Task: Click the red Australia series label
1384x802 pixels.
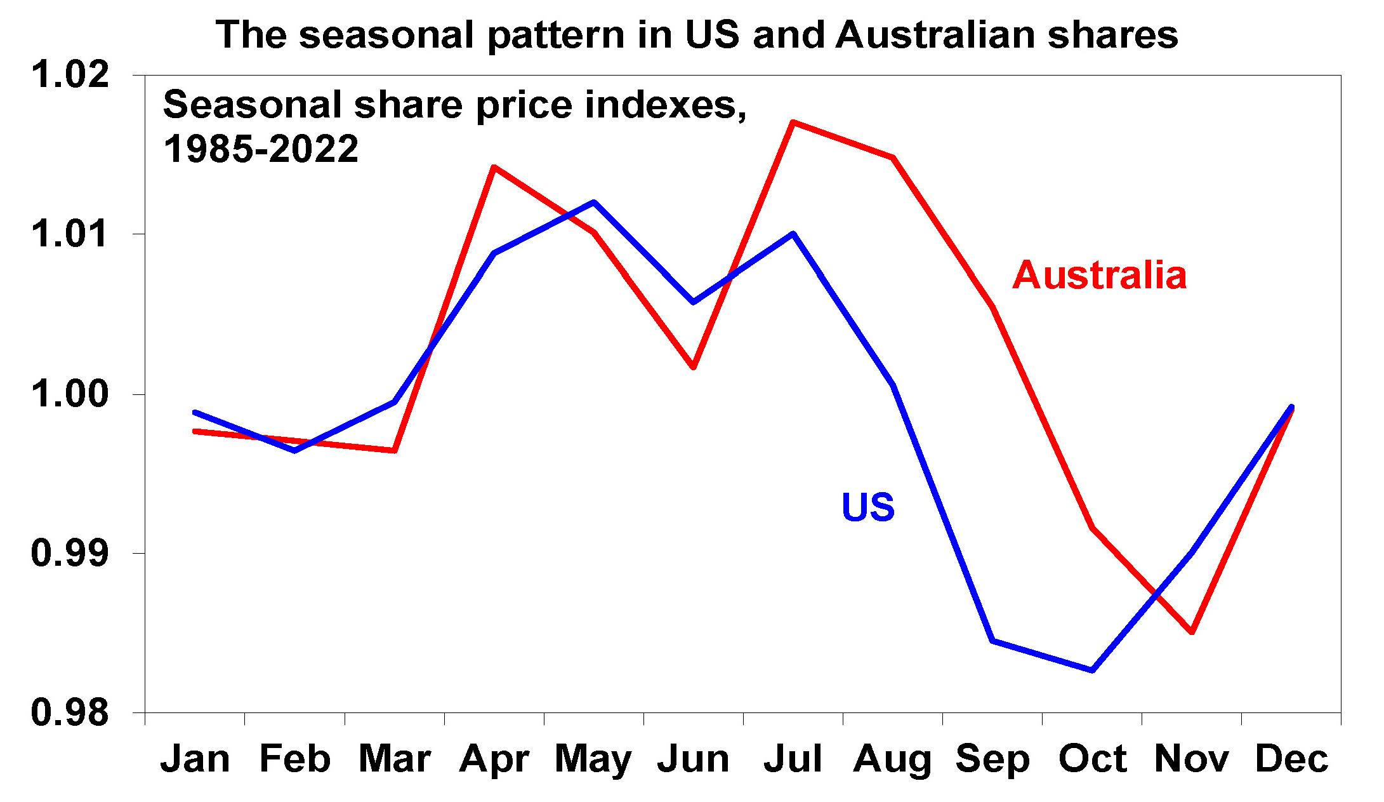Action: pyautogui.click(x=1099, y=276)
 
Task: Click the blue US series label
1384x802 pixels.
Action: pyautogui.click(x=867, y=507)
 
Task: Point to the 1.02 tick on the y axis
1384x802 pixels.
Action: pyautogui.click(x=70, y=74)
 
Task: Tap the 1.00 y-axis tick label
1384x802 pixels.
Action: pyautogui.click(x=70, y=394)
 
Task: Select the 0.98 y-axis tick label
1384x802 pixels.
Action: pyautogui.click(x=70, y=712)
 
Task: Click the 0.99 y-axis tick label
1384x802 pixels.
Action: pyautogui.click(x=70, y=553)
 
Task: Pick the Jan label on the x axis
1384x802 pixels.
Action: pyautogui.click(x=195, y=759)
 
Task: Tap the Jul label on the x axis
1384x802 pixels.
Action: pyautogui.click(x=793, y=759)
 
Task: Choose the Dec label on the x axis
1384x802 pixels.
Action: pyautogui.click(x=1291, y=759)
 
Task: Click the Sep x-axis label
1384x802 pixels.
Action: pyautogui.click(x=992, y=759)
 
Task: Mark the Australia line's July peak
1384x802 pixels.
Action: pyautogui.click(x=793, y=122)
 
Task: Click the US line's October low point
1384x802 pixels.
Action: pyautogui.click(x=1092, y=671)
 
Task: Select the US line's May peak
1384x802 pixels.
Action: pyautogui.click(x=594, y=203)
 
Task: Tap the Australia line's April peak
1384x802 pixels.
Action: pyautogui.click(x=494, y=167)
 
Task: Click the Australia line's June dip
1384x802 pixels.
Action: pyautogui.click(x=694, y=367)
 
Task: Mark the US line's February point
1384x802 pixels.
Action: pyautogui.click(x=294, y=451)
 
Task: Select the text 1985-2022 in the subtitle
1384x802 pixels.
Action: pyautogui.click(x=261, y=149)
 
